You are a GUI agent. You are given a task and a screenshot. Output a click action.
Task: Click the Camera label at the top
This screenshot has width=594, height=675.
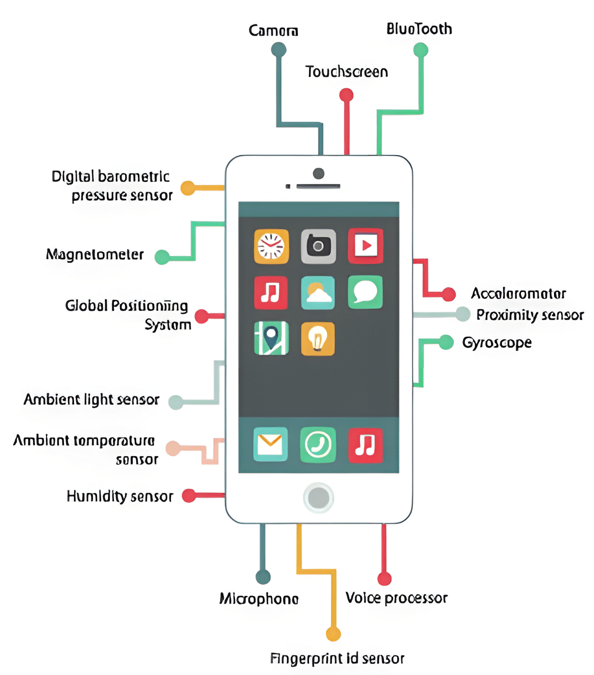click(x=273, y=30)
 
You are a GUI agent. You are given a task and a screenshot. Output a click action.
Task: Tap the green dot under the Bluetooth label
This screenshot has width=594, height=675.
click(x=420, y=50)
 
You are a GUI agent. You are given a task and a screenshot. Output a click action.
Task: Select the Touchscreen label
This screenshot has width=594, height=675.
click(x=346, y=71)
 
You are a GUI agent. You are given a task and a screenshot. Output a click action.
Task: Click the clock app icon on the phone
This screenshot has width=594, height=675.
click(x=271, y=246)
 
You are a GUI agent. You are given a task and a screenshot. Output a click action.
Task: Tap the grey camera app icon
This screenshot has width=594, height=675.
click(x=318, y=246)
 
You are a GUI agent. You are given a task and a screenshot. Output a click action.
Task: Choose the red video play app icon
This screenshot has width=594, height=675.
click(x=365, y=245)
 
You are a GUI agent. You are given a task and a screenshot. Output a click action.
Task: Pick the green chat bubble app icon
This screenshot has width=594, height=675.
click(x=365, y=292)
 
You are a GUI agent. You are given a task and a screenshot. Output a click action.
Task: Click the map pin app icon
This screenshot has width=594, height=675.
click(x=271, y=338)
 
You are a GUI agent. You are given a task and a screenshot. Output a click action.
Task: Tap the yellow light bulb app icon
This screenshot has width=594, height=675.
click(x=317, y=338)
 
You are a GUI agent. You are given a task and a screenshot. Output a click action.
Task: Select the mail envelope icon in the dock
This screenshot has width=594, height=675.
click(x=270, y=444)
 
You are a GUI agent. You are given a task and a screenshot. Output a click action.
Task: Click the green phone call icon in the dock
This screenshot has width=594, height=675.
click(x=318, y=444)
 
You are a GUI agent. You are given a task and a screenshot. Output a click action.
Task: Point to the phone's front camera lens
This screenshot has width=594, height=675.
click(x=318, y=173)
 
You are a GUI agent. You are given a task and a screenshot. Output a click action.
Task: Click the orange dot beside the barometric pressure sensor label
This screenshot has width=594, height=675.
click(x=187, y=188)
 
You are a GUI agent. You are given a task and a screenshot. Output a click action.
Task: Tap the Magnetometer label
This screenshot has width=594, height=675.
click(x=95, y=254)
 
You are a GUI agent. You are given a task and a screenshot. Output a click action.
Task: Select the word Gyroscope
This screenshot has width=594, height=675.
click(x=496, y=342)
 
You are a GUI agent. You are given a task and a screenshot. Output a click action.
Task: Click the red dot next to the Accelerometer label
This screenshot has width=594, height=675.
click(x=448, y=294)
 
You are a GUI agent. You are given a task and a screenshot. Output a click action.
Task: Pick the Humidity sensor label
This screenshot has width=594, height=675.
click(x=120, y=496)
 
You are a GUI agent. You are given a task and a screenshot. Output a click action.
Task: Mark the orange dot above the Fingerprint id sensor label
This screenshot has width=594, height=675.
click(x=333, y=634)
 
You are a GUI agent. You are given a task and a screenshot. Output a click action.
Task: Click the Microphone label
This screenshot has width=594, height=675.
click(x=259, y=598)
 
